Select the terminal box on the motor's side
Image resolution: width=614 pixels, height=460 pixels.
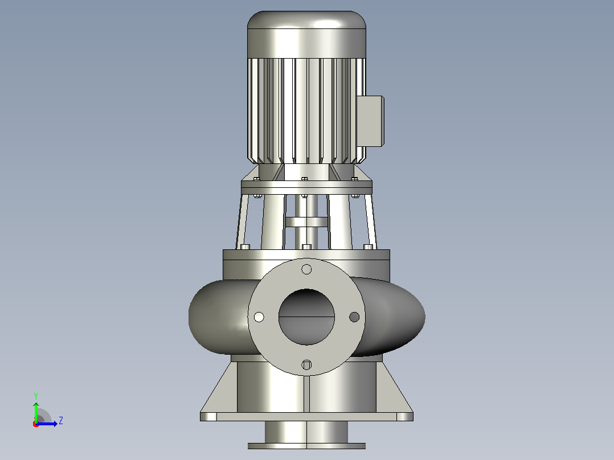(x=370, y=121)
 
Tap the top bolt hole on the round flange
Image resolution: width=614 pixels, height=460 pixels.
(x=306, y=269)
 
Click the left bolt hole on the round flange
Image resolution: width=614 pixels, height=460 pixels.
(x=259, y=317)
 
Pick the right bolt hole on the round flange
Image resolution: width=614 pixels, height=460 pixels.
(x=354, y=317)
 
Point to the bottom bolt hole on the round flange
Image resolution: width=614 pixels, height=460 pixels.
(x=306, y=365)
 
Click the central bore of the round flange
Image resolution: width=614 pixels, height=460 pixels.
(x=306, y=317)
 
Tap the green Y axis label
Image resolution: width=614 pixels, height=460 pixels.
(x=36, y=396)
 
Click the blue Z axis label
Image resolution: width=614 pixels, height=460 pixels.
(x=61, y=421)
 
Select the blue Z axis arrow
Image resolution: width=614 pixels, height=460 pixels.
(x=47, y=424)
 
